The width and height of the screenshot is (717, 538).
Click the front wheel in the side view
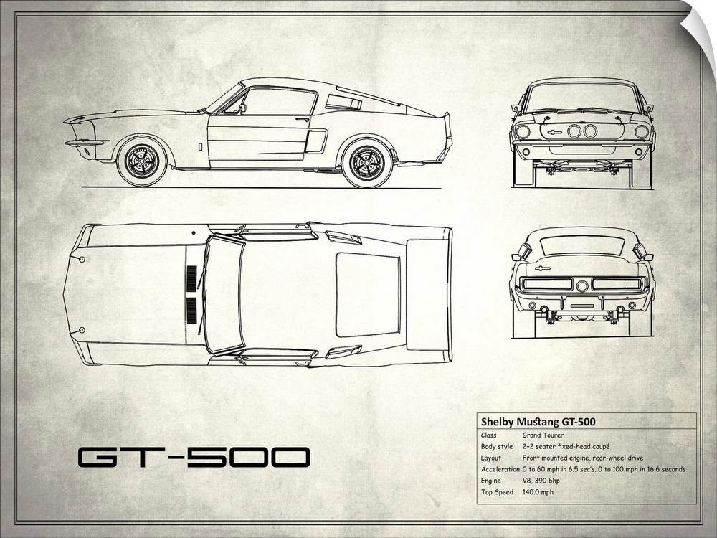click(x=141, y=161)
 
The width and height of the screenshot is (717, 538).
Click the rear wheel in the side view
click(x=367, y=163)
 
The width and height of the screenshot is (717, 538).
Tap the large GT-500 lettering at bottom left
click(x=194, y=458)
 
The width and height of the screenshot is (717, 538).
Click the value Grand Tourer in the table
click(x=543, y=435)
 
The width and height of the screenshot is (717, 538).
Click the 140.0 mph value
click(x=537, y=492)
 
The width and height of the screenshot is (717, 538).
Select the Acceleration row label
click(x=500, y=469)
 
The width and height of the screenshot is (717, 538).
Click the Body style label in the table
click(x=498, y=446)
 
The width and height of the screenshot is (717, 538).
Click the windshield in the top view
click(x=223, y=294)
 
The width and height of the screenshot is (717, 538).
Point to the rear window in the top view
click(x=367, y=294)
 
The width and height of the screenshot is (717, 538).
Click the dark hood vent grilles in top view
click(x=191, y=294)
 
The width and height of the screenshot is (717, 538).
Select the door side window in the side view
click(x=278, y=101)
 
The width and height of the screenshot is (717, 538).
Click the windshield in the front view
click(x=582, y=97)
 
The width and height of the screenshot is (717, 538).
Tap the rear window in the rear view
click(x=581, y=245)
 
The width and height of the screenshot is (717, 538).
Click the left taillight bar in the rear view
click(x=548, y=284)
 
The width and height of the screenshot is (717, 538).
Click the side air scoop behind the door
click(x=315, y=141)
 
